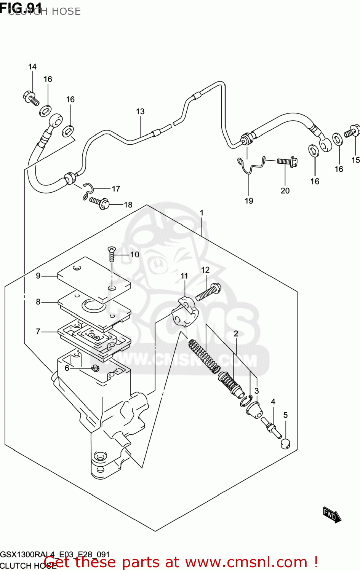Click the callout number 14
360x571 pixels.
(x=32, y=67)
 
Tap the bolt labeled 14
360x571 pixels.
(x=30, y=97)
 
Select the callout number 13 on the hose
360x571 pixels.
(x=140, y=112)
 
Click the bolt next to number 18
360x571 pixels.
(x=100, y=203)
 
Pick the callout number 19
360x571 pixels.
(x=249, y=201)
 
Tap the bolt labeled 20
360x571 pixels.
(x=287, y=162)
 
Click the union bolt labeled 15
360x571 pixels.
(x=352, y=131)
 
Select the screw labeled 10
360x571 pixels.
(x=111, y=253)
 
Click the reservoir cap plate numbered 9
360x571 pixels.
(x=93, y=280)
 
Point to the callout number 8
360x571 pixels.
(x=38, y=302)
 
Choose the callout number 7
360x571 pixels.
(x=38, y=332)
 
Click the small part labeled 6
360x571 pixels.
(x=95, y=368)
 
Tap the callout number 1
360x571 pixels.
(x=202, y=213)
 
